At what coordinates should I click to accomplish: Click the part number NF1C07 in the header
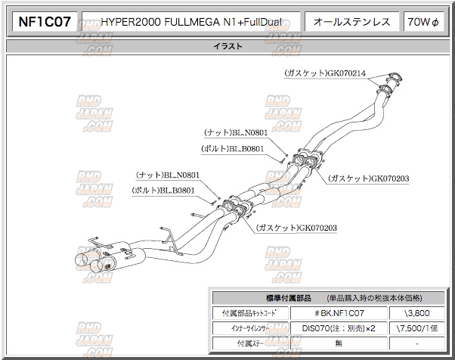click(x=44, y=21)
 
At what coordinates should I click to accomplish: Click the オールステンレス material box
click(x=352, y=22)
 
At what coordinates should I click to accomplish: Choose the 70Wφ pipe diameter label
click(x=422, y=22)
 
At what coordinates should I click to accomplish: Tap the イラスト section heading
click(x=227, y=47)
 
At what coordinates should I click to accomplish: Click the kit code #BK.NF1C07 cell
click(x=339, y=312)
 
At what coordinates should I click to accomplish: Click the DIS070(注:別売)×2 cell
click(x=339, y=328)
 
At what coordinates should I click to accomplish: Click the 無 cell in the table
click(x=339, y=344)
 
